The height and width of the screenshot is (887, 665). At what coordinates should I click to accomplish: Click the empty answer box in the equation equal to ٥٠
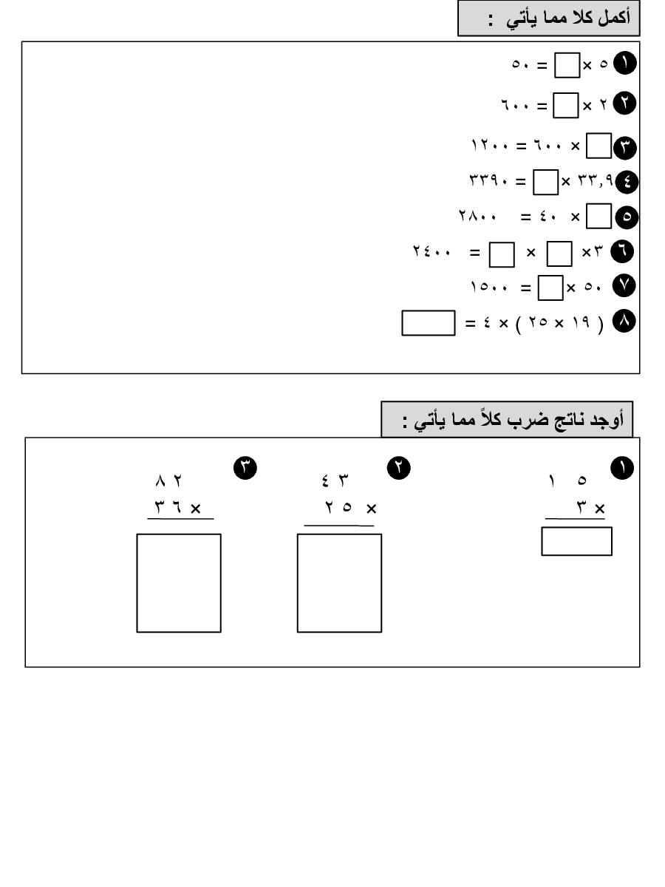pyautogui.click(x=567, y=64)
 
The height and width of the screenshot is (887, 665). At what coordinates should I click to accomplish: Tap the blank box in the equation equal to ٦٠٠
pyautogui.click(x=565, y=105)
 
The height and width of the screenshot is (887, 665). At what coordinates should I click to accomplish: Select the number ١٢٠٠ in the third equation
pyautogui.click(x=489, y=144)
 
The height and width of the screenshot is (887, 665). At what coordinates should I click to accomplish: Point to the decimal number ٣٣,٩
pyautogui.click(x=596, y=180)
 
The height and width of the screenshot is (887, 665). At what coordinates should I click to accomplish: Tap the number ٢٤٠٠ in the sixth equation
pyautogui.click(x=432, y=251)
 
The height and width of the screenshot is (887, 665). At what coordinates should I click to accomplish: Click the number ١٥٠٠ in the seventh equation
pyautogui.click(x=488, y=287)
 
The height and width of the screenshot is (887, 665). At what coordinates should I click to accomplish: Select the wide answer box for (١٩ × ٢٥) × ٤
pyautogui.click(x=428, y=323)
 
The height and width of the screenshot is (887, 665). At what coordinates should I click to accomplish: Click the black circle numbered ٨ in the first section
pyautogui.click(x=624, y=322)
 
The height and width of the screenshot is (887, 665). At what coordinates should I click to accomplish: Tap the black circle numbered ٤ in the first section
pyautogui.click(x=627, y=182)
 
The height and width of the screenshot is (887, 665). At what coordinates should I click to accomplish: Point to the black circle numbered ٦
pyautogui.click(x=622, y=251)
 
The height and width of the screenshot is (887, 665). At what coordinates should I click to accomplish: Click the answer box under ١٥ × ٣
pyautogui.click(x=576, y=541)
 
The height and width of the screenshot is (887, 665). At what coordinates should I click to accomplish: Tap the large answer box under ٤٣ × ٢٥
pyautogui.click(x=339, y=582)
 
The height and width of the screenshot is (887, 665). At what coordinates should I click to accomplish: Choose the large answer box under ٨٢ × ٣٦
pyautogui.click(x=179, y=582)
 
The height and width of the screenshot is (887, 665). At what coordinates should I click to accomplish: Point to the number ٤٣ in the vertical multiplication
pyautogui.click(x=335, y=480)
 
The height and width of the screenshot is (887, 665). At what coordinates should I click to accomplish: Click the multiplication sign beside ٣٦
pyautogui.click(x=195, y=509)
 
